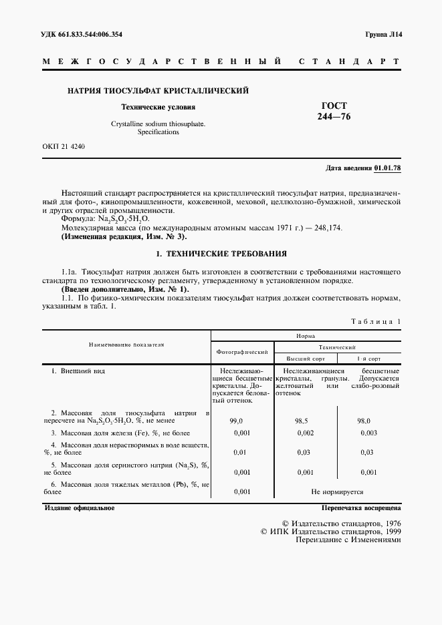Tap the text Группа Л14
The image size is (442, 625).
pos(383,34)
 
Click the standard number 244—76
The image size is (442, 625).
pos(334,117)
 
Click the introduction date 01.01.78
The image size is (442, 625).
pos(387,168)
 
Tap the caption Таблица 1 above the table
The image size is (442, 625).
pos(376,322)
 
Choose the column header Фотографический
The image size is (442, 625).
pos(242,351)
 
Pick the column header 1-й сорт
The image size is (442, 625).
pos(369,359)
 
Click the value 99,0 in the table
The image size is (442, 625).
pos(237,421)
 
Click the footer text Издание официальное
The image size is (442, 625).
pos(79,508)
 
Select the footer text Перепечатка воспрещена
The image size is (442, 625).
pos(362,508)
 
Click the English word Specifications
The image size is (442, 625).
pos(158,132)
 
